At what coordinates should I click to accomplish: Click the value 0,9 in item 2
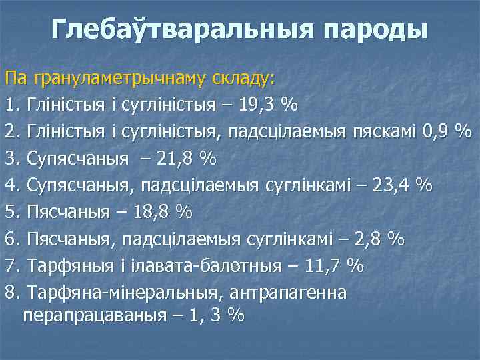pyautogui.click(x=436, y=132)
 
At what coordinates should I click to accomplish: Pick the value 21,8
pyautogui.click(x=179, y=159)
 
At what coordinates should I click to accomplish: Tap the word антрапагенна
pyautogui.click(x=290, y=292)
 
